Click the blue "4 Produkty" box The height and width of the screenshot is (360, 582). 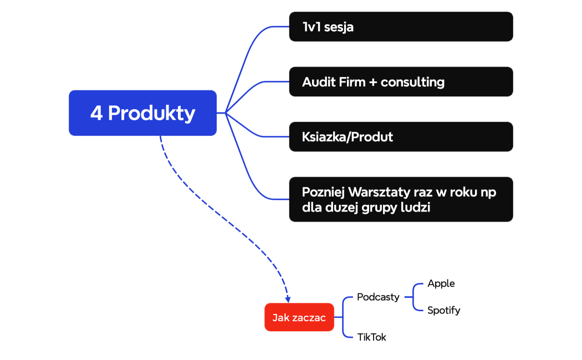click(x=142, y=113)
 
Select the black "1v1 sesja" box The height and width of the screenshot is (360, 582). click(x=401, y=27)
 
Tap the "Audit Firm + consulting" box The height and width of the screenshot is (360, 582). click(x=401, y=81)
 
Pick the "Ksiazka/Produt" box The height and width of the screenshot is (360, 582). click(x=401, y=136)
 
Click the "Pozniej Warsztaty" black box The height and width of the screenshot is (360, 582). click(x=401, y=199)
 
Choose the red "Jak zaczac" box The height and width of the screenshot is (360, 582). click(x=299, y=317)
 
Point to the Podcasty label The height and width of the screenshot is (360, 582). click(x=378, y=297)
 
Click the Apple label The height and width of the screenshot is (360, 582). click(x=441, y=284)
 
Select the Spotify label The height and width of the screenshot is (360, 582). click(x=443, y=310)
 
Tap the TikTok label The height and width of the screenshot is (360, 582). click(x=371, y=337)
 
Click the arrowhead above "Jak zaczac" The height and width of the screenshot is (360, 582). click(x=288, y=300)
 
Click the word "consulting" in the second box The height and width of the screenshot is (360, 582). click(x=412, y=82)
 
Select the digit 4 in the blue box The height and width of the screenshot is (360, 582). click(x=96, y=113)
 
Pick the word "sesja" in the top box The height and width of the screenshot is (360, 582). click(x=339, y=27)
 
